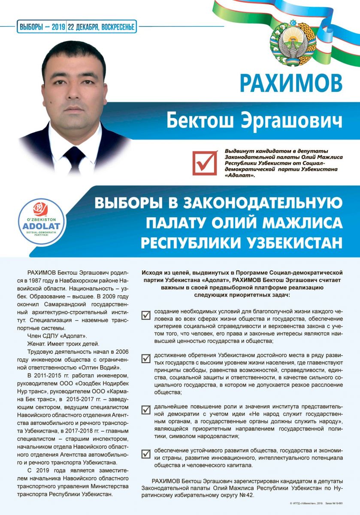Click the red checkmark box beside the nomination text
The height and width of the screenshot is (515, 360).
tap(205, 162)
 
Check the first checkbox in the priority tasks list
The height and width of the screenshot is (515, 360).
tap(146, 315)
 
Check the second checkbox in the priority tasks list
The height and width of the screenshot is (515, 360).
tap(146, 358)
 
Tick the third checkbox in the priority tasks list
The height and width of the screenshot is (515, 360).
tap(146, 409)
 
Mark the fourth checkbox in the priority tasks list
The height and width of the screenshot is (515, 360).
tap(146, 453)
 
